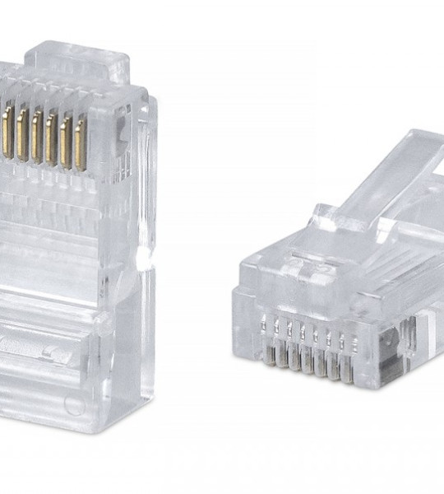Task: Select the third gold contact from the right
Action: tap(51, 137)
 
